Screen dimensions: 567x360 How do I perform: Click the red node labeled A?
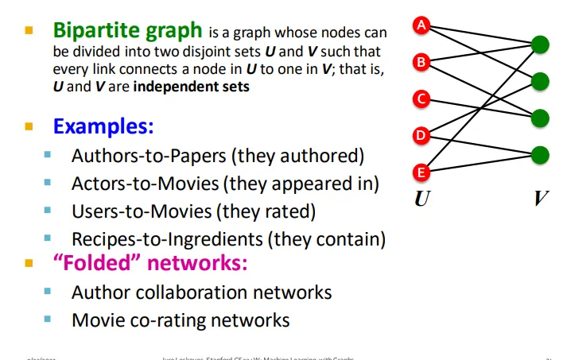tap(422, 25)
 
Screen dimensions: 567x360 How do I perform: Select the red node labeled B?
tap(422, 61)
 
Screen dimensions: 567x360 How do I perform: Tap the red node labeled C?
tap(422, 99)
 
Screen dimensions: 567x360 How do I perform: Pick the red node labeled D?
tap(422, 135)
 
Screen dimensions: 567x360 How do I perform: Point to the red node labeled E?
tap(422, 171)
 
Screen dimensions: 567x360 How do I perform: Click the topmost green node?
tap(541, 45)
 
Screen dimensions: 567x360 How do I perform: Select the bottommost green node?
tap(541, 154)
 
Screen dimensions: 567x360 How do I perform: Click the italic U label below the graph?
tap(421, 199)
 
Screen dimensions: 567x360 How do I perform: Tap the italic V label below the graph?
tap(541, 199)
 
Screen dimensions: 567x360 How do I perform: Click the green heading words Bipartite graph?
tap(127, 31)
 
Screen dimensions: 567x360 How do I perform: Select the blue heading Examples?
tap(103, 126)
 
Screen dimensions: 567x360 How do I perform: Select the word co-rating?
tap(164, 320)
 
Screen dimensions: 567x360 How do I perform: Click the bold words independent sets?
tap(192, 86)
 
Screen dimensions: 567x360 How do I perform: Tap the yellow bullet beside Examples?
tap(29, 126)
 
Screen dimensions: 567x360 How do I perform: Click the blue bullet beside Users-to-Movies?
tap(49, 211)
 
